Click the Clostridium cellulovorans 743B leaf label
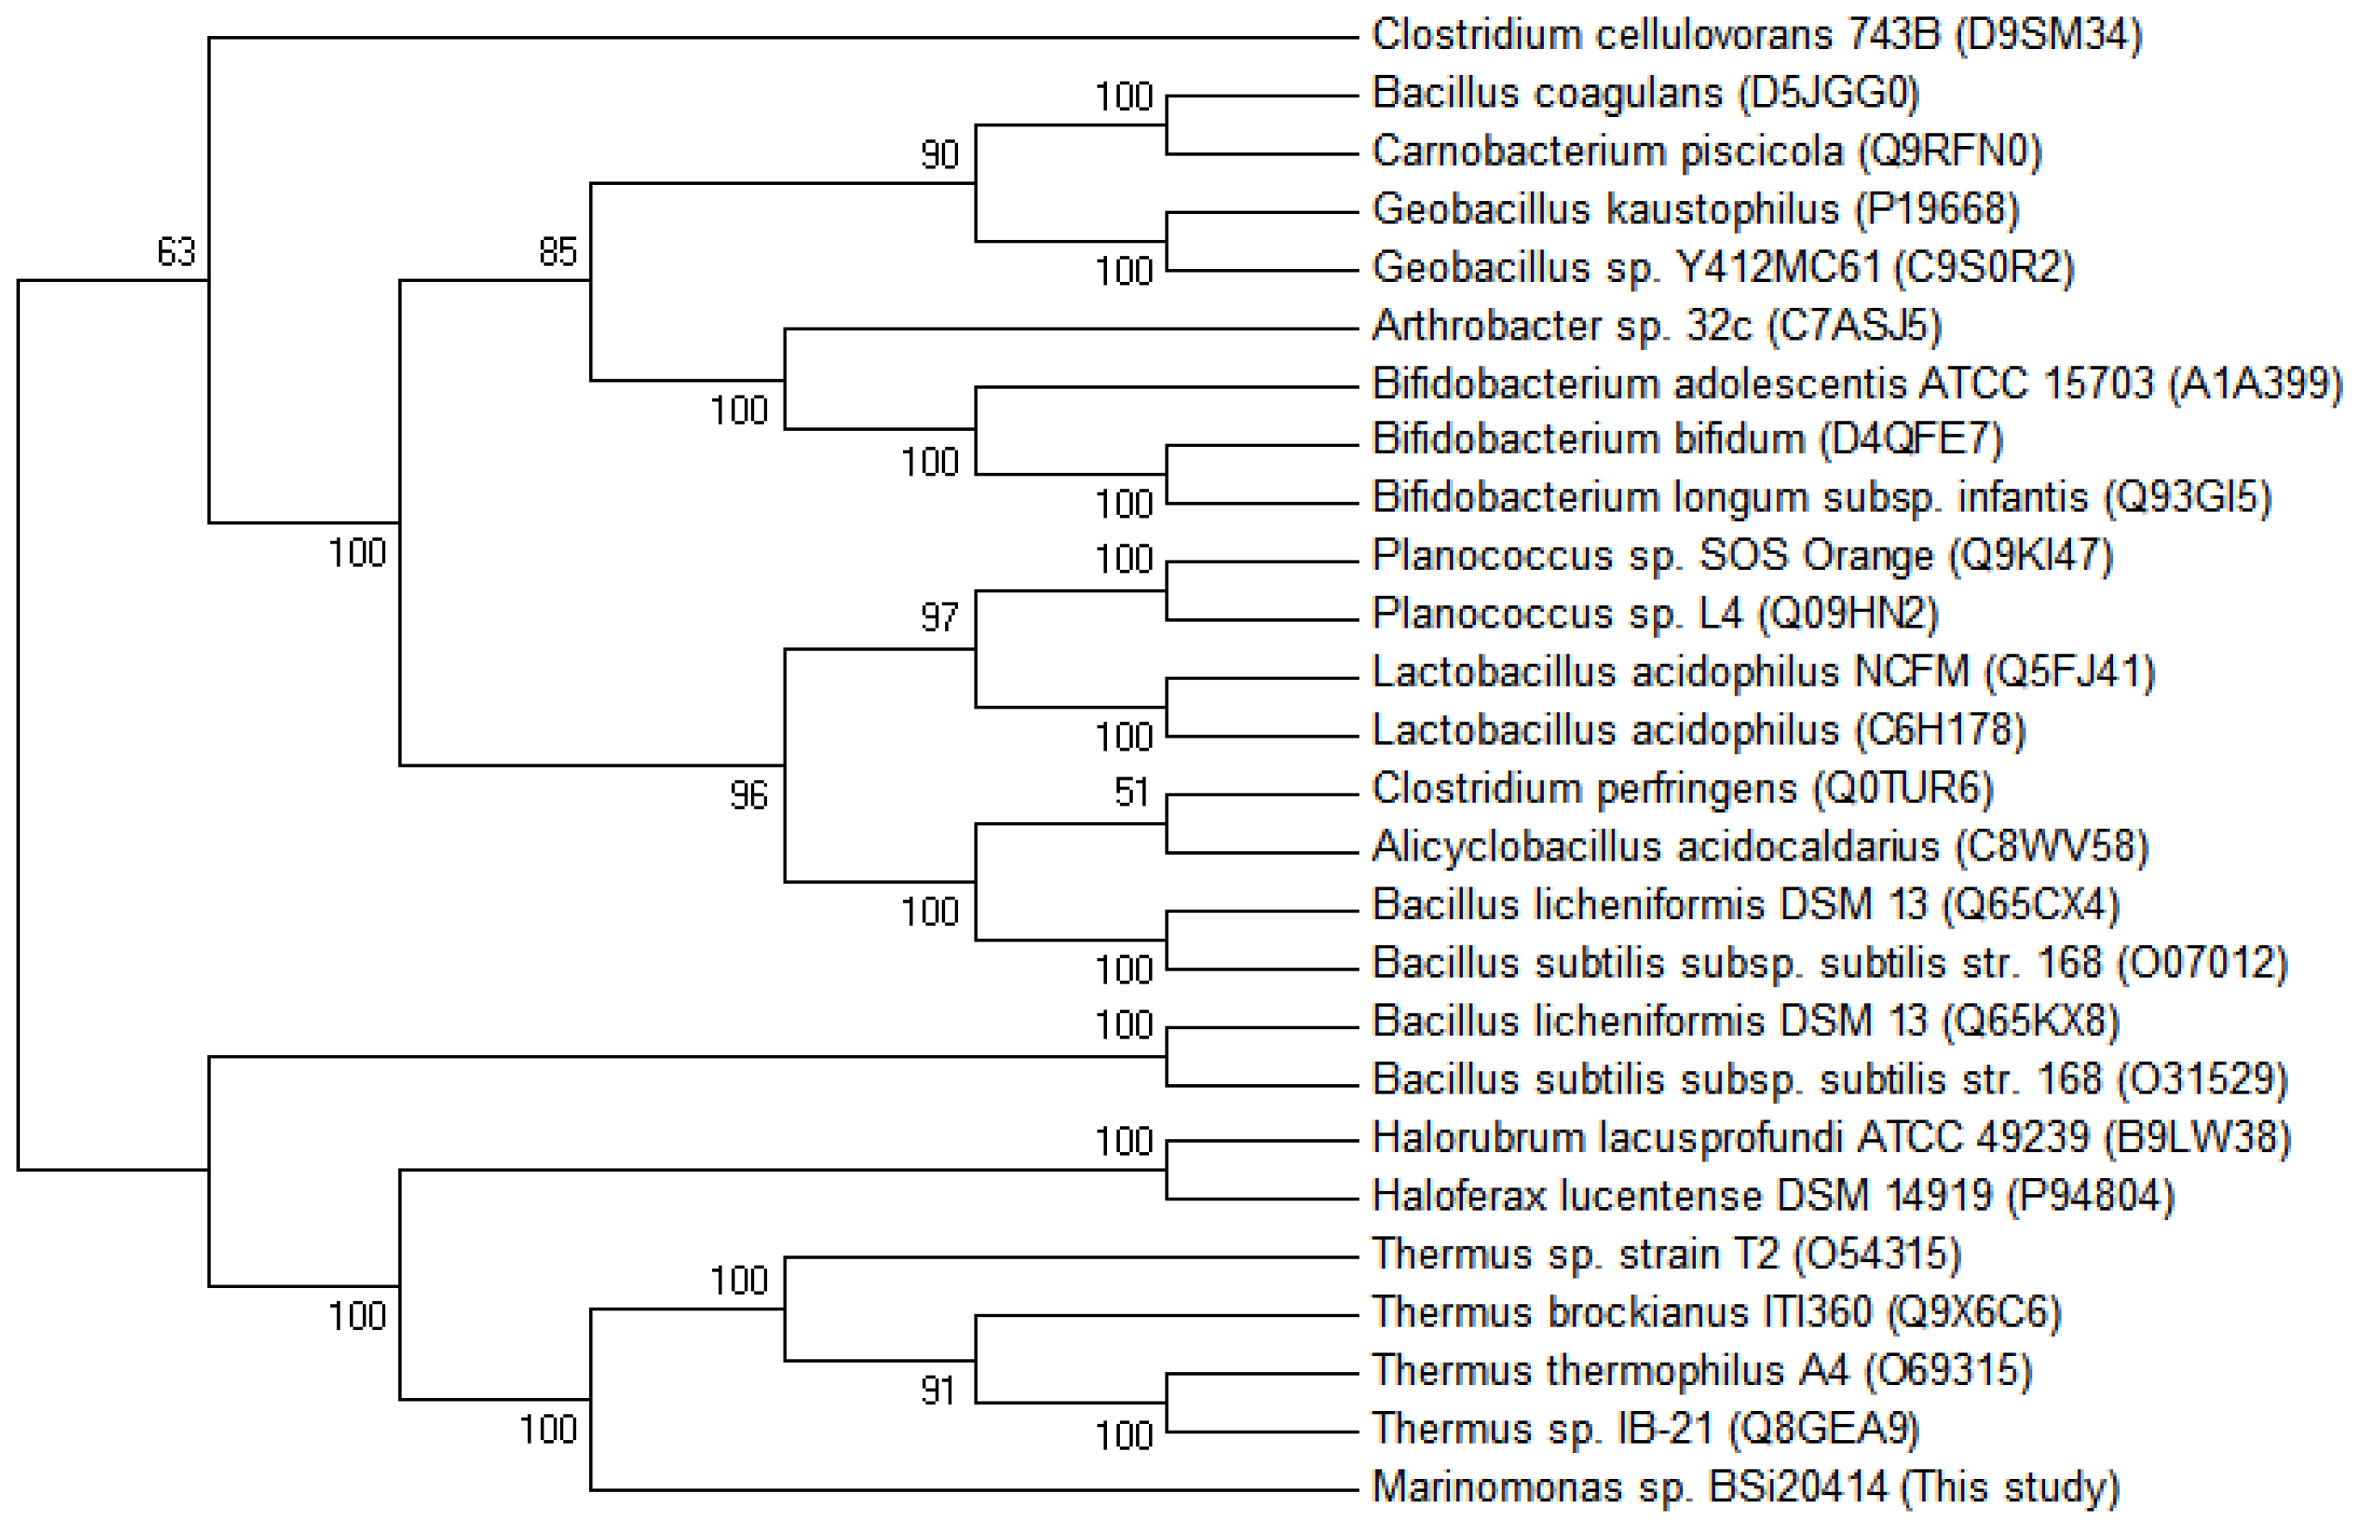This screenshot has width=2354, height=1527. tap(1755, 35)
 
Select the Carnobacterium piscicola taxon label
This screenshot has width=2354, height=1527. tap(1706, 151)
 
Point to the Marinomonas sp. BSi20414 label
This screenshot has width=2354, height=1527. tap(1746, 1487)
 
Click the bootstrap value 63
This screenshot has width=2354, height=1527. tap(176, 252)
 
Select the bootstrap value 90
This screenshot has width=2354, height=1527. tap(939, 156)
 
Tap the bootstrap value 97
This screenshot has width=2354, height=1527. tap(939, 618)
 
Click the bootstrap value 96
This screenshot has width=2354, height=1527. tap(749, 796)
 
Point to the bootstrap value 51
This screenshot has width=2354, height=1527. tap(1132, 792)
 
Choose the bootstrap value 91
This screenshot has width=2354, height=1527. tap(937, 1391)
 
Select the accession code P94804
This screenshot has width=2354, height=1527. tap(2090, 1197)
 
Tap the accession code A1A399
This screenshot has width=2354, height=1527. tap(2254, 383)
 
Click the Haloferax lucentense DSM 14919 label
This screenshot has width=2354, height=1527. tap(1681, 1197)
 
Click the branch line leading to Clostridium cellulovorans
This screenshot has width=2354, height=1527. tap(781, 39)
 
